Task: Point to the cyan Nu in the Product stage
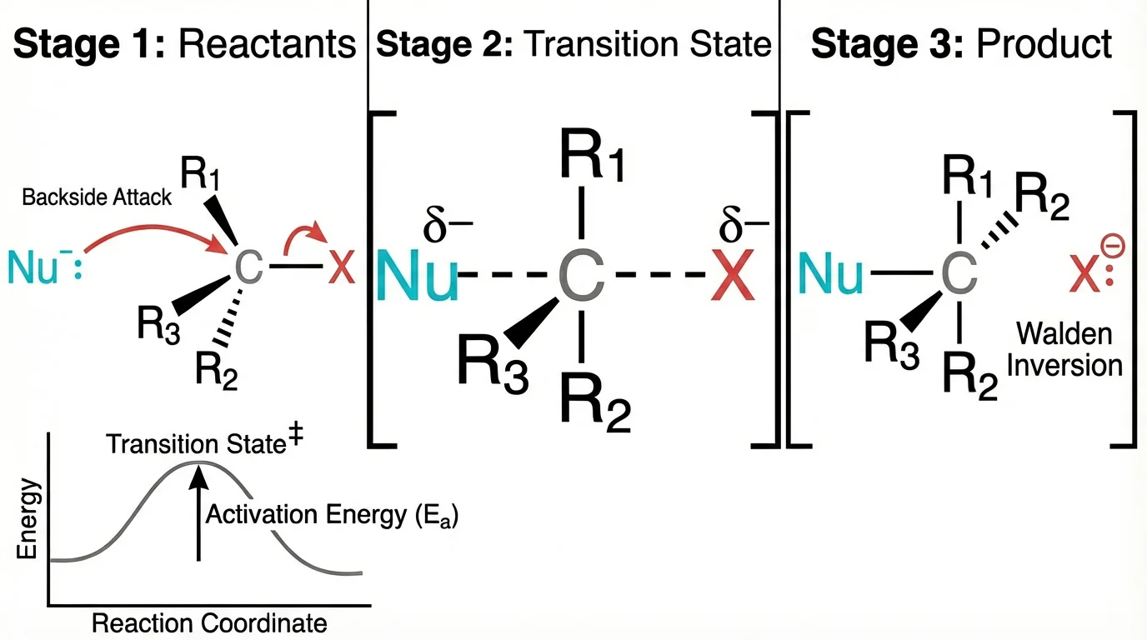(x=830, y=275)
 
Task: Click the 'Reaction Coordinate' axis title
(x=209, y=623)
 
